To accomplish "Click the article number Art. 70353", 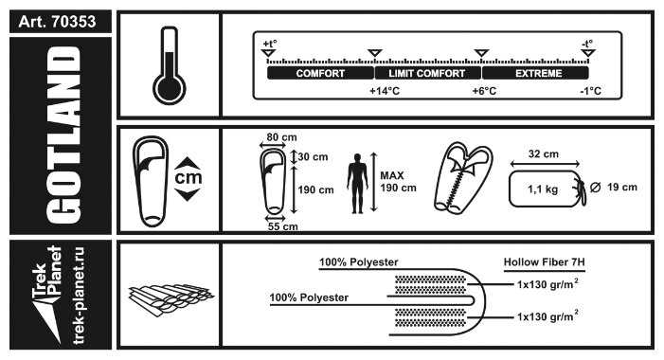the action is (x=57, y=22).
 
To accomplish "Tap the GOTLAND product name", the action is (x=63, y=135).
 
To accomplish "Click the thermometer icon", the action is (x=170, y=65).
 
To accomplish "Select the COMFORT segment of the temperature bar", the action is (x=320, y=73).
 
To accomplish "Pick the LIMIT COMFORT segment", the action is (x=427, y=73).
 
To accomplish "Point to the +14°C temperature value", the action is (x=385, y=91).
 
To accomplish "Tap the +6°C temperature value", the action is (x=484, y=91).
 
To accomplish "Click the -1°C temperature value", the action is (x=591, y=91).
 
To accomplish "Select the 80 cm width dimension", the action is (x=281, y=137).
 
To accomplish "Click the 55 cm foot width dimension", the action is (x=282, y=226).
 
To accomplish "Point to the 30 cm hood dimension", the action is (x=313, y=156).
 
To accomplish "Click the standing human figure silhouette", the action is (x=357, y=184).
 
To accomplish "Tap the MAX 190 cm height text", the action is (x=398, y=182).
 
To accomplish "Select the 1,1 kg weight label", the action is (x=543, y=189).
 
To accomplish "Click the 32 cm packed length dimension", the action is (x=544, y=154).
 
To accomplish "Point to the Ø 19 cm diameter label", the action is (x=614, y=188).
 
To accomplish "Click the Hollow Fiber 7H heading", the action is (x=544, y=262).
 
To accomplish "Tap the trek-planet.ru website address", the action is (x=79, y=296).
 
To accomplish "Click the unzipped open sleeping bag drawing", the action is (x=463, y=178).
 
